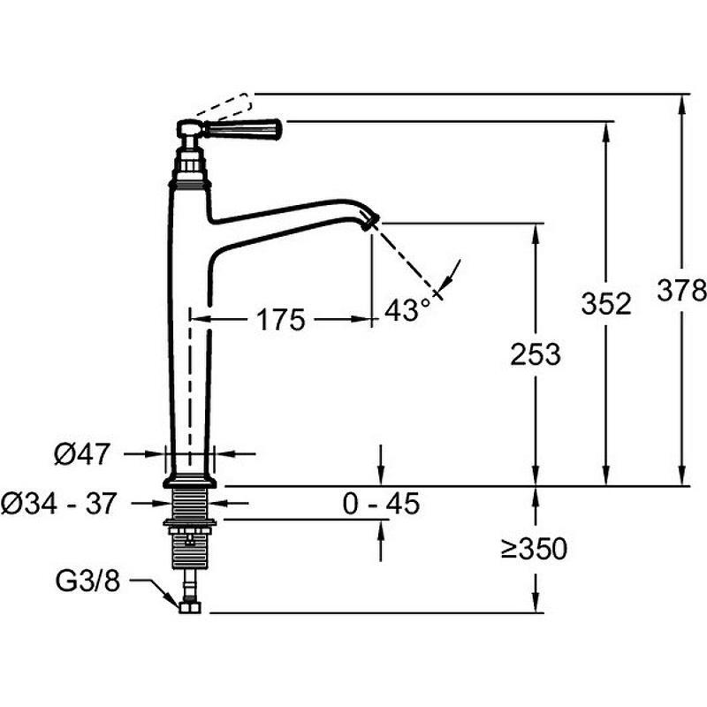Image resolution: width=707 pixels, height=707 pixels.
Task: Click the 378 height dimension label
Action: point(681,291)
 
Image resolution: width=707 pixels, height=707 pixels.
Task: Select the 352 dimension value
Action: point(606,303)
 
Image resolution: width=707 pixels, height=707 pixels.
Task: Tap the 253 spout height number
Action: point(536,353)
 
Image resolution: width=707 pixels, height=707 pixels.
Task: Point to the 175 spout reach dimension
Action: point(280,320)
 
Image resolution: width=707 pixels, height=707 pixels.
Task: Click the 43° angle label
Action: point(407,309)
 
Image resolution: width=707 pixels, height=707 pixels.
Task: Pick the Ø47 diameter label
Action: point(81,453)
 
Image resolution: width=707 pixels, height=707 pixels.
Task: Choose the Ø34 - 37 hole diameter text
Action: point(59,503)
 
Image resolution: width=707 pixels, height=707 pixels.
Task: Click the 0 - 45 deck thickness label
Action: point(381,503)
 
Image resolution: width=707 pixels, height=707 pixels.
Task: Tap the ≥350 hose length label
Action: point(534,549)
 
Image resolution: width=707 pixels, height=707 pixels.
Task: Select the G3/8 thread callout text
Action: point(87,581)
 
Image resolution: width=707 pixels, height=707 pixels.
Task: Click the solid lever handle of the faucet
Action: point(243,128)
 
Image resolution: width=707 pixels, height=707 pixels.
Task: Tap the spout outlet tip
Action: point(371,222)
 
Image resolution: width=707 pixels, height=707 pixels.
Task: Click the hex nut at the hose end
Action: point(190,607)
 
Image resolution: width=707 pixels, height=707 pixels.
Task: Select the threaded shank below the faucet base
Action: point(190,504)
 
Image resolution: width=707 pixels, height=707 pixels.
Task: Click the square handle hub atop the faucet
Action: point(187,129)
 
